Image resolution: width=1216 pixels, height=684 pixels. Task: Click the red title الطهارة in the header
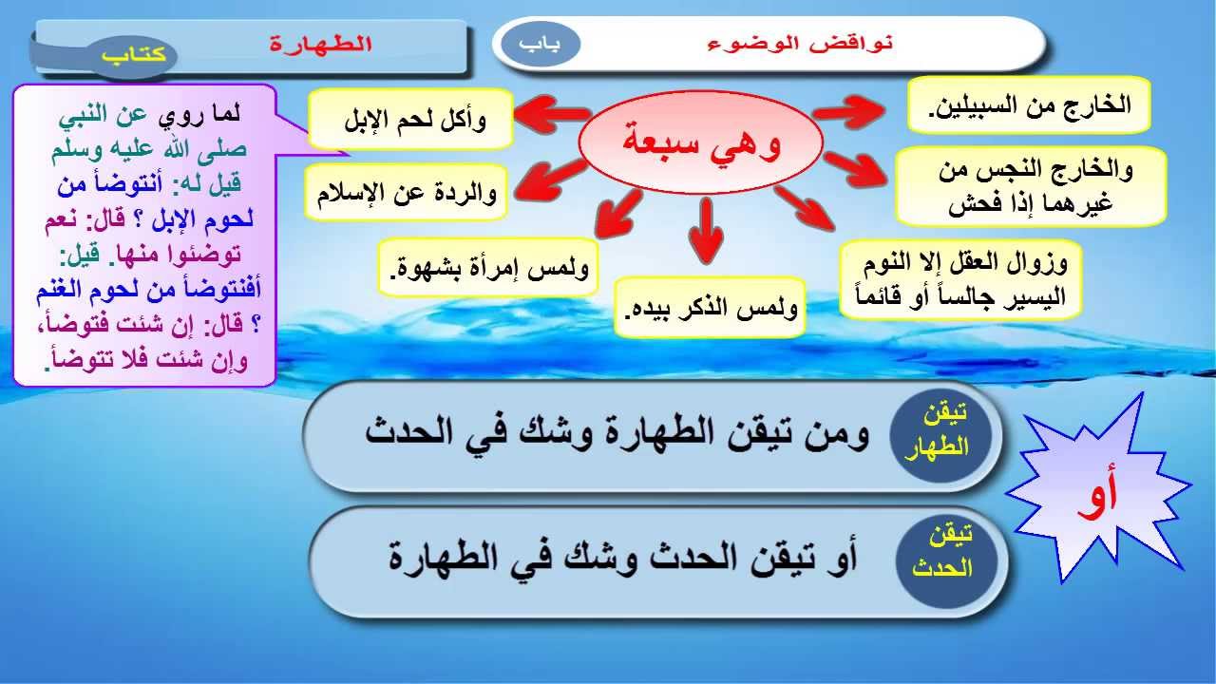(x=321, y=44)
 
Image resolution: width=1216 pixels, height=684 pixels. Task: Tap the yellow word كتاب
(x=133, y=55)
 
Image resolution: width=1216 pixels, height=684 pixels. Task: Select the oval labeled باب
(x=541, y=45)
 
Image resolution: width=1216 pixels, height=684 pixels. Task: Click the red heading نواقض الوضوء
(x=801, y=44)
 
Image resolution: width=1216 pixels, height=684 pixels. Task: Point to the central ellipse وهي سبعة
(x=701, y=142)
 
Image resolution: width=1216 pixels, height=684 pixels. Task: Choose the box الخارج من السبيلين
(x=1029, y=104)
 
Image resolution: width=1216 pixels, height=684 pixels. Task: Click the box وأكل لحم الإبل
(x=411, y=119)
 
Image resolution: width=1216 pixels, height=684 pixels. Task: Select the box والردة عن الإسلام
(x=407, y=192)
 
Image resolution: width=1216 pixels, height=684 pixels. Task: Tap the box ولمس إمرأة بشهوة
(x=488, y=267)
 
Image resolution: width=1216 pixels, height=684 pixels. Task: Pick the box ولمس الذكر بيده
(x=710, y=308)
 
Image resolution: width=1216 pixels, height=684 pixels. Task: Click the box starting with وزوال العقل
(x=960, y=279)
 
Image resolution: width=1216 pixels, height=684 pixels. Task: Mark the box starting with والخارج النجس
(x=1031, y=186)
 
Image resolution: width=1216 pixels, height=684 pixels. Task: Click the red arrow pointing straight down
(x=706, y=231)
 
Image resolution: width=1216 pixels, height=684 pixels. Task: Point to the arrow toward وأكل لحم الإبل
(x=552, y=113)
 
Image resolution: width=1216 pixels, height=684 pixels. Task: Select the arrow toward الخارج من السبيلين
(x=848, y=112)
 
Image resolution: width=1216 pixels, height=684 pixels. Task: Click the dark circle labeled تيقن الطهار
(x=940, y=434)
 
